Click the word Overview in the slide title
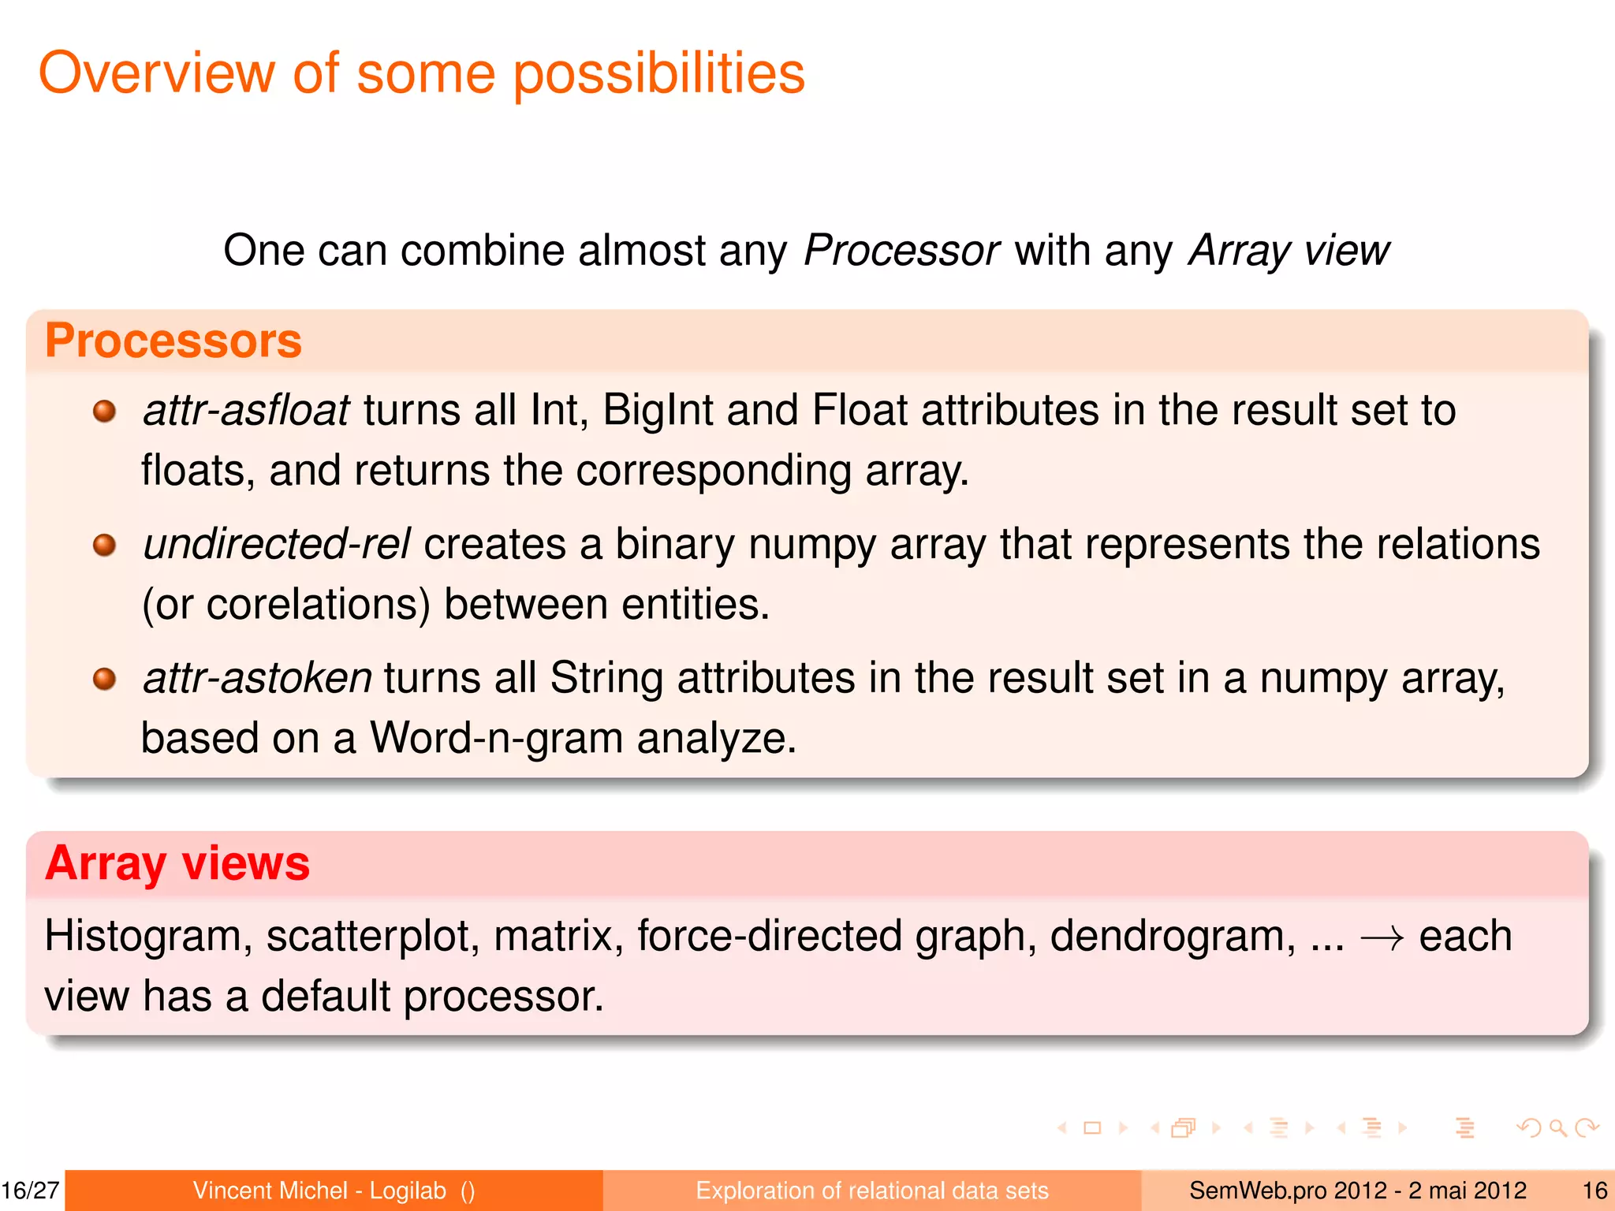pos(156,73)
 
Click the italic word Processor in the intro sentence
pos(901,251)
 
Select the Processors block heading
pos(173,341)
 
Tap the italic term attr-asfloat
pos(246,411)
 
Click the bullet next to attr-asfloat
pos(104,411)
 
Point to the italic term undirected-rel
pos(277,545)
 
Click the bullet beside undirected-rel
pos(104,545)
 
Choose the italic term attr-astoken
pos(257,679)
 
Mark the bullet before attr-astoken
pos(104,679)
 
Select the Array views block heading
pos(177,863)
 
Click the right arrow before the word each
pos(1382,937)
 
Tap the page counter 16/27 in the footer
pos(31,1191)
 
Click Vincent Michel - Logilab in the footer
pos(319,1191)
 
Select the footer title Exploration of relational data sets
pos(871,1191)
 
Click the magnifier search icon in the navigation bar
pos(1557,1128)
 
